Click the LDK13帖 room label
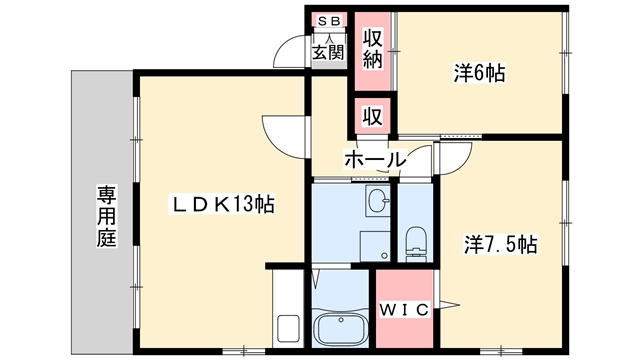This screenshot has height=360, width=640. click(x=222, y=204)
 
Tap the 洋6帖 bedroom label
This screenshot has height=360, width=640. click(x=480, y=73)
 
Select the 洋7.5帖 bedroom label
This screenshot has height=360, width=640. click(x=500, y=244)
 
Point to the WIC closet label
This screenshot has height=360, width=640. click(x=404, y=310)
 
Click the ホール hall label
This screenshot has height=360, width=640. click(x=376, y=160)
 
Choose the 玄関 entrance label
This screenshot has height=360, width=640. click(x=328, y=52)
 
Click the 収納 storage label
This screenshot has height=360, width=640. click(x=373, y=49)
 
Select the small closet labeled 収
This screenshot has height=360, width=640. click(x=373, y=117)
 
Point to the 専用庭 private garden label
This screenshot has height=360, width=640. click(x=107, y=216)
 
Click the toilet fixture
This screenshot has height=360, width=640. click(x=416, y=244)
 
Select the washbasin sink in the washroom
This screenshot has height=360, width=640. click(x=378, y=200)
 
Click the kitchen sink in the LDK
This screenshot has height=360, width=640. click(x=289, y=328)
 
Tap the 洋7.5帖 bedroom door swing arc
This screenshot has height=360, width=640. click(x=463, y=163)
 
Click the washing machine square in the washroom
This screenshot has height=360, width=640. click(x=375, y=246)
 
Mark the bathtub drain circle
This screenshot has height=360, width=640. click(x=341, y=320)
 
